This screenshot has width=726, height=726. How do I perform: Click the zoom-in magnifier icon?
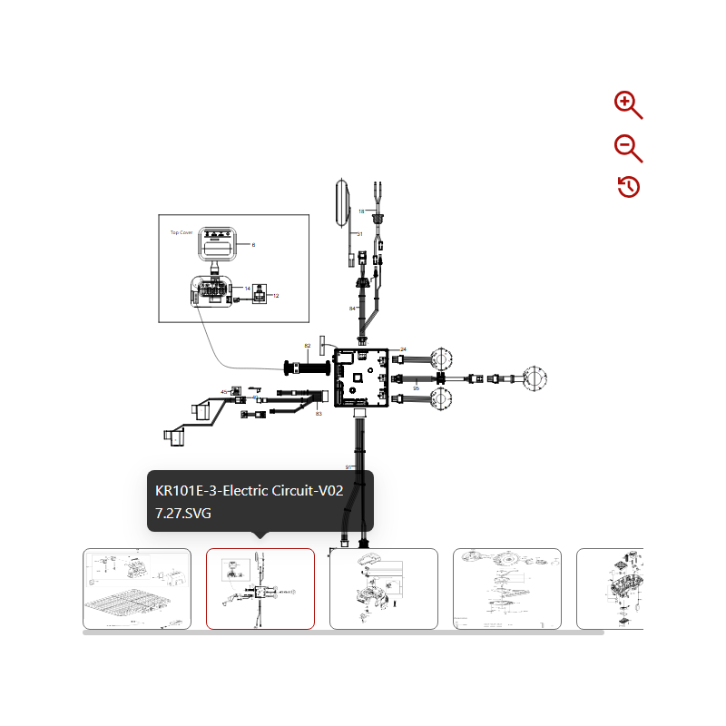pos(627,104)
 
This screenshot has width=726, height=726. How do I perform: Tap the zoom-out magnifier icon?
pos(627,148)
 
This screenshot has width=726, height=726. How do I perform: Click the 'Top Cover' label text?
pos(181,232)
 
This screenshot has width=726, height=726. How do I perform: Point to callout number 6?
pos(253,245)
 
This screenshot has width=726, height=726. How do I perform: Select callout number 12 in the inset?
pos(276,296)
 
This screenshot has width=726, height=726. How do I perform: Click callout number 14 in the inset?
pos(247,288)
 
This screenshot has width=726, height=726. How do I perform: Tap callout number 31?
pos(359,234)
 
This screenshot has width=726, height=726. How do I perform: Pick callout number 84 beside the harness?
pos(352,309)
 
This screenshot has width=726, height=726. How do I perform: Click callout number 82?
pos(308,346)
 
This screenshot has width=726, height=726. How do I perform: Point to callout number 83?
pos(319,414)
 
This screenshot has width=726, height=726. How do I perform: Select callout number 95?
pos(416,388)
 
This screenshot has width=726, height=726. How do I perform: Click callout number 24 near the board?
pos(403,349)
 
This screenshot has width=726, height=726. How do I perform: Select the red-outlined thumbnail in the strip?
pos(260,589)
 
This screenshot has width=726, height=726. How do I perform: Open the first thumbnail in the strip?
pos(137,589)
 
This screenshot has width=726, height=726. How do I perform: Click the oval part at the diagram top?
pos(342,202)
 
